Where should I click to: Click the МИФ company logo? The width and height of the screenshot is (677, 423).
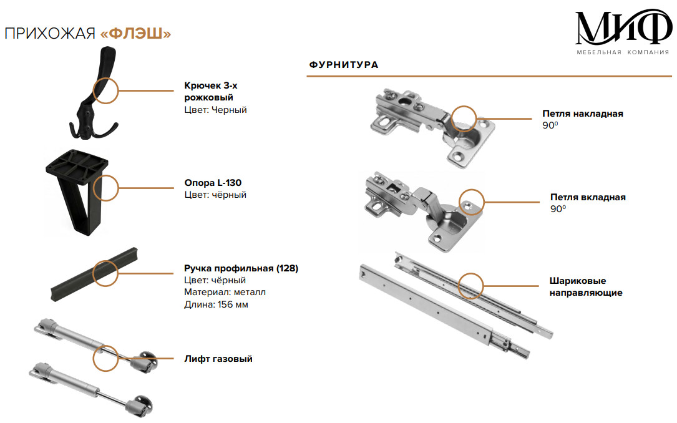tap(622, 27)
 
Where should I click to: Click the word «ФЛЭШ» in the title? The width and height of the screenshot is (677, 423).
tap(135, 34)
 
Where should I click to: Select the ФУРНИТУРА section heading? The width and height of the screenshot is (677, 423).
tap(343, 65)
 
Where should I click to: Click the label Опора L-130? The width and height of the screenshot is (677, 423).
tap(213, 183)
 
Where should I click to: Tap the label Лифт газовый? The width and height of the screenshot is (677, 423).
tap(218, 359)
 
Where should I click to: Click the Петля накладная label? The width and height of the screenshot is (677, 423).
tap(582, 114)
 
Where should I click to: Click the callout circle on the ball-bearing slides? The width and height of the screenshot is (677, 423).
tap(471, 285)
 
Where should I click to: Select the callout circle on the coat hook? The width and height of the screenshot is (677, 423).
tap(105, 90)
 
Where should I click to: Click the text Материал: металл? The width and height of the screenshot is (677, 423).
tap(225, 292)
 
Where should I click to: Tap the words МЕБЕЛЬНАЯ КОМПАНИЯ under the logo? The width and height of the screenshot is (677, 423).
tap(622, 52)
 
